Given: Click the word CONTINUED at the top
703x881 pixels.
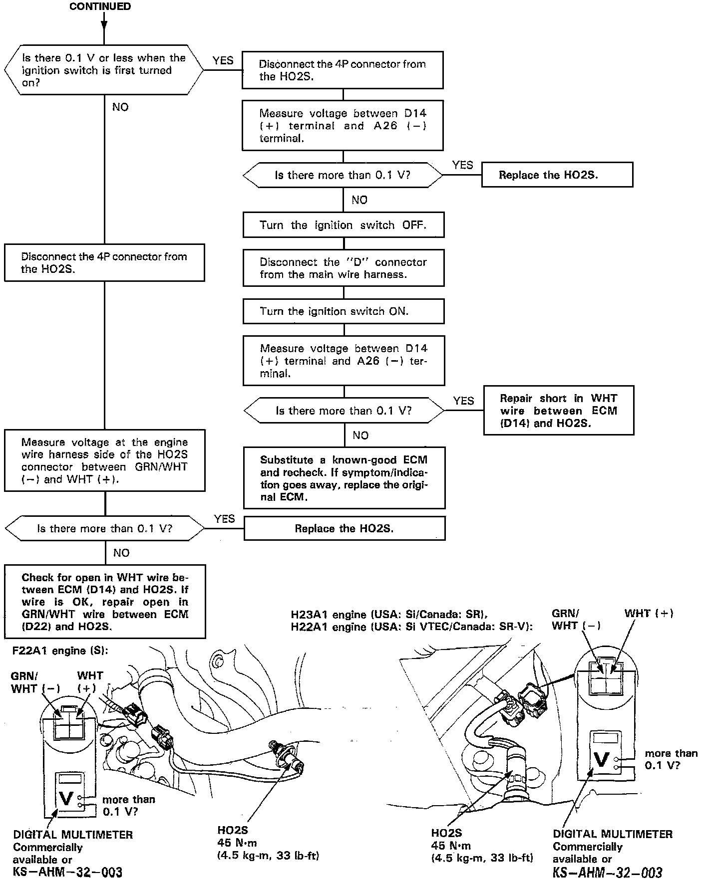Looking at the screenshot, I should pos(100,6).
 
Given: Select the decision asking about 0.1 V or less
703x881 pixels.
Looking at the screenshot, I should pos(104,70).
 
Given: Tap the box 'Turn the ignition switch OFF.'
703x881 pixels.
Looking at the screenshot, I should pos(344,225).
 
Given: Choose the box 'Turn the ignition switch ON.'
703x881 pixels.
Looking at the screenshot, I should pos(344,311).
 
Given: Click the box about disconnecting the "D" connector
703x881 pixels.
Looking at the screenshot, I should pos(344,268).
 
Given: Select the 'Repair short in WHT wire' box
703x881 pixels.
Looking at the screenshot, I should pos(559,411).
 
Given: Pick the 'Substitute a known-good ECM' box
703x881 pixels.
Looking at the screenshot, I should pos(344,478).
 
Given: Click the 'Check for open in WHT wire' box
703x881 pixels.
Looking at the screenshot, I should pos(105,602).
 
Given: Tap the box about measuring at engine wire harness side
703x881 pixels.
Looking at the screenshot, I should pos(105,460).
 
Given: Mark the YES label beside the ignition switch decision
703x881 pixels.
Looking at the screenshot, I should pos(223,60).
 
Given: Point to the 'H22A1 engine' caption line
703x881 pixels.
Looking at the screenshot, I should pos(411,627).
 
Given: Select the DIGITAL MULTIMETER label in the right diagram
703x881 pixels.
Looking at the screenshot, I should pos(613,834).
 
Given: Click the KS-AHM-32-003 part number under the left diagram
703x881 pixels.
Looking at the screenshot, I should pos(67,872).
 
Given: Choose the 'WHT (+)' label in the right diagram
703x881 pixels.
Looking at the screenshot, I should pos(649,613).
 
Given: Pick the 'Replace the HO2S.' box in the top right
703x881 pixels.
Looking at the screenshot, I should pos(557,175).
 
